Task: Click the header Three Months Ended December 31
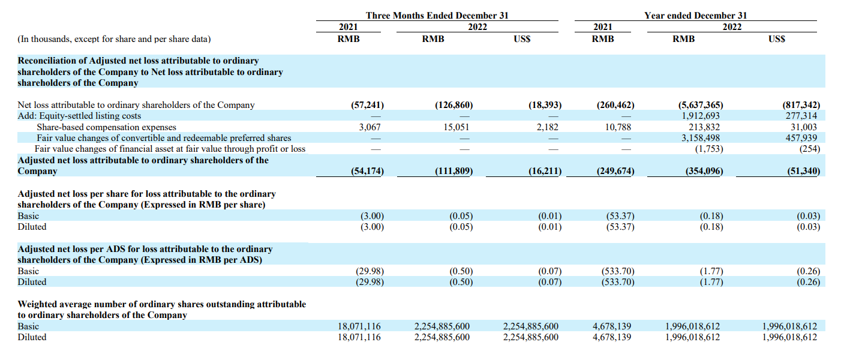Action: [437, 16]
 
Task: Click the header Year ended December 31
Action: [696, 16]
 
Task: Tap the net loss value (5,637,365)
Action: [701, 105]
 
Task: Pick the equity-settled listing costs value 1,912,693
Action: [701, 116]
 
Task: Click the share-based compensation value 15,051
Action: [456, 127]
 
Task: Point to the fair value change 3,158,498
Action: [701, 138]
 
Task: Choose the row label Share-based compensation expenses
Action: [106, 127]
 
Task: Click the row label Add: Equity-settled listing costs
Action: [79, 116]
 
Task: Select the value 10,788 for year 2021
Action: [618, 127]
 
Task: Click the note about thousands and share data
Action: [114, 39]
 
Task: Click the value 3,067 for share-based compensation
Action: [370, 127]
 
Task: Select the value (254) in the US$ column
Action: [810, 149]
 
